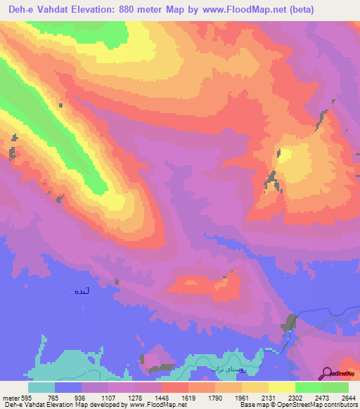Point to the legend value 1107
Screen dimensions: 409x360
coord(108,398)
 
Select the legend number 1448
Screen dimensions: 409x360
coord(162,398)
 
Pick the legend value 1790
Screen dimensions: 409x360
coord(215,398)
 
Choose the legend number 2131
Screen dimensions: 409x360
coord(269,398)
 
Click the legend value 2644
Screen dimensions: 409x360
coord(348,398)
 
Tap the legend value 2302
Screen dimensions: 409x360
coord(295,398)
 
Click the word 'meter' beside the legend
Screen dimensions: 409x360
coord(8,398)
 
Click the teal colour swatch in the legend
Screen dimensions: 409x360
coord(41,387)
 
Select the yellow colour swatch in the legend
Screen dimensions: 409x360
coord(282,387)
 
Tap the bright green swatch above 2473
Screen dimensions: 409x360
coord(309,387)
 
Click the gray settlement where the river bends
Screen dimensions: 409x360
coord(288,324)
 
